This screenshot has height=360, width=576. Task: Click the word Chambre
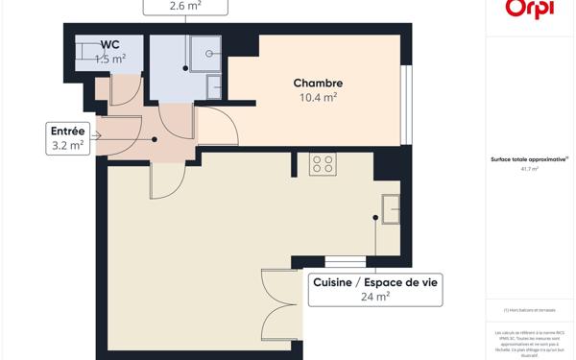(318, 84)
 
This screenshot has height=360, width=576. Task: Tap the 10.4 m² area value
(318, 97)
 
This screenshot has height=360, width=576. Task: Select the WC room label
(110, 44)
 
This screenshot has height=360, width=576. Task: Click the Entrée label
(67, 132)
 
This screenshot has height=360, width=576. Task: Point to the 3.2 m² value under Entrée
(67, 146)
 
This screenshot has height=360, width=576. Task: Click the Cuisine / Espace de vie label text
(374, 282)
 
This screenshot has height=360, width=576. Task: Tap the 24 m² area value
(374, 297)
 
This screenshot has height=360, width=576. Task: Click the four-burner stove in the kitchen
(323, 164)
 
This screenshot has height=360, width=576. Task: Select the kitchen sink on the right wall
(391, 208)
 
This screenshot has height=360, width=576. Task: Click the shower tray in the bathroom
(204, 53)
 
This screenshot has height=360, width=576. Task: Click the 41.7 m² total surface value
(530, 169)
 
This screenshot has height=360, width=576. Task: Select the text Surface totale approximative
(529, 159)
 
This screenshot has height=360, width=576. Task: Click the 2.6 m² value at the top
(186, 6)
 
